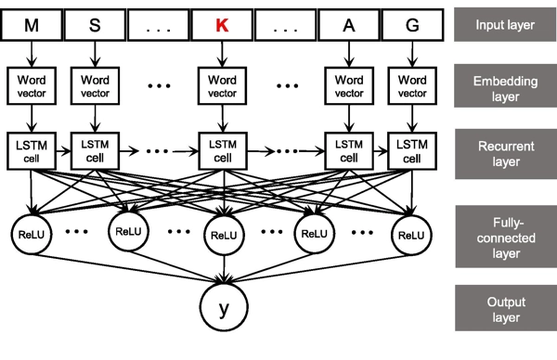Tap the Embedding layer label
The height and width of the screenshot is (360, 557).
pyautogui.click(x=504, y=87)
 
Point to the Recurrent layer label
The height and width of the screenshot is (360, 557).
pyautogui.click(x=504, y=150)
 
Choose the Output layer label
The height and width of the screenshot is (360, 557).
pyautogui.click(x=504, y=309)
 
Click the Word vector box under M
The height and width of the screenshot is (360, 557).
pyautogui.click(x=32, y=86)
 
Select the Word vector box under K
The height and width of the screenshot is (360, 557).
pyautogui.click(x=221, y=86)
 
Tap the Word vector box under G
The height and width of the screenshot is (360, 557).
pyautogui.click(x=411, y=86)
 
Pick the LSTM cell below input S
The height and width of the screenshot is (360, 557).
pyautogui.click(x=96, y=149)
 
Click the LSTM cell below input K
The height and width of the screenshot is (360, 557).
pyautogui.click(x=221, y=149)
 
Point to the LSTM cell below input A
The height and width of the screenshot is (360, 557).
pyautogui.click(x=348, y=149)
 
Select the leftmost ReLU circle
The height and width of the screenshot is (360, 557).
pyautogui.click(x=32, y=233)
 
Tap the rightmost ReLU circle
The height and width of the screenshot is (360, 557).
pyautogui.click(x=411, y=233)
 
